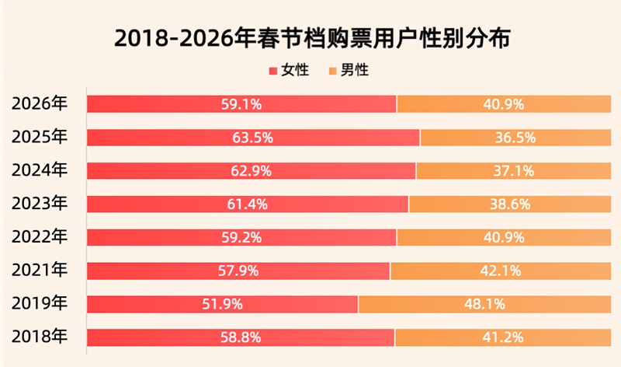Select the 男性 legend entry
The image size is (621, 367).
[349, 71]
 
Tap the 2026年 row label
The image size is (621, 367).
[40, 103]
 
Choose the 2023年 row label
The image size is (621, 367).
[40, 204]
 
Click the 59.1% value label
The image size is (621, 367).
[241, 104]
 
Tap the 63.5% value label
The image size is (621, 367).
[252, 138]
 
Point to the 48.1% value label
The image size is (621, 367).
[485, 304]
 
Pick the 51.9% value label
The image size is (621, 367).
[222, 304]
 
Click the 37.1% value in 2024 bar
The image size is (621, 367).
[514, 171]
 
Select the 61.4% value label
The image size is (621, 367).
[248, 204]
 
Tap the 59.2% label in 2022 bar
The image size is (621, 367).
[241, 237]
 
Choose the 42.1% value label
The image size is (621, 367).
[501, 271]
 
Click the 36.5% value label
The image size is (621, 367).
[515, 138]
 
